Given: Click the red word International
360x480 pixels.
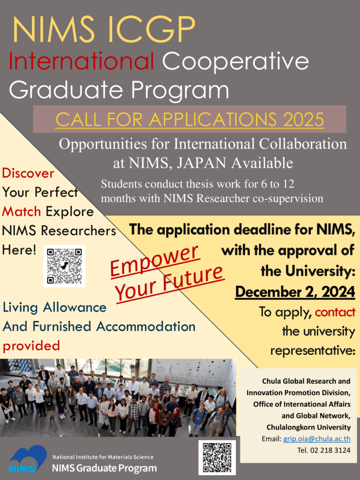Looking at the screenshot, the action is click(82, 60).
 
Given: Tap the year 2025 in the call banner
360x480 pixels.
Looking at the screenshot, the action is click(303, 120).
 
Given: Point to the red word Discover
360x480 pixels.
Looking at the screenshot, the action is click(28, 173).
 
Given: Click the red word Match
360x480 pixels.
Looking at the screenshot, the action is click(22, 211).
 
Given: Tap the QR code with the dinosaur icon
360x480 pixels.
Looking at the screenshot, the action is click(64, 266).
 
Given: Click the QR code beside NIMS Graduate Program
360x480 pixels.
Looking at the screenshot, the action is click(217, 457).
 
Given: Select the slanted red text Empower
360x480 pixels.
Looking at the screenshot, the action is click(155, 260).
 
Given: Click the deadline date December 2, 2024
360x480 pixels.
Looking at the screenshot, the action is click(295, 292).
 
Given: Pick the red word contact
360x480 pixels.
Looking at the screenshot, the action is click(335, 312).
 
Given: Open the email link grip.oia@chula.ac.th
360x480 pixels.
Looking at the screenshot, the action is click(317, 439).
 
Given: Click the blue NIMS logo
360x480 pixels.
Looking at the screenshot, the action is click(28, 459).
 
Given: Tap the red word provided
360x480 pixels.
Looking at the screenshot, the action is click(31, 346).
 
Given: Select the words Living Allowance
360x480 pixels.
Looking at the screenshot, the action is click(54, 307).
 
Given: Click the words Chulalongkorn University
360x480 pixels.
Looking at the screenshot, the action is click(308, 427).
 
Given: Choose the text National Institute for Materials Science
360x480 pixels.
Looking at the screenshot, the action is click(103, 457).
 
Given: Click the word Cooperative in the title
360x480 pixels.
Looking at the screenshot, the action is click(235, 60).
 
